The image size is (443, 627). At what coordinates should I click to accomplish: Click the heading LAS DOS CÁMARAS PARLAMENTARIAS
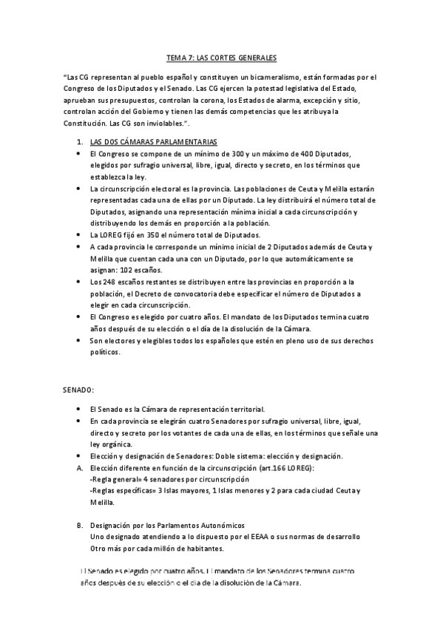pos(153,140)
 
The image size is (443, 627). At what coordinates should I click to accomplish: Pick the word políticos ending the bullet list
pos(104,353)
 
